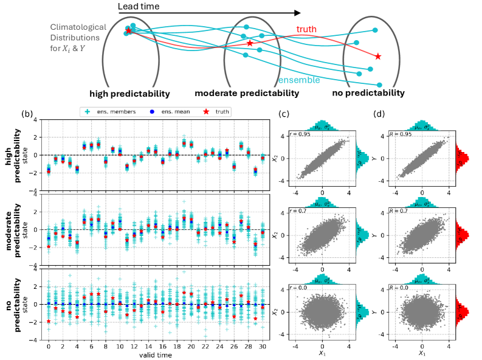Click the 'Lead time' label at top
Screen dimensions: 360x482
tap(140, 7)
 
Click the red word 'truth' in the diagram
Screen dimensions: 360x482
tap(306, 29)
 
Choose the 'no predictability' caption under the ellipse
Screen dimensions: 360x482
tap(368, 93)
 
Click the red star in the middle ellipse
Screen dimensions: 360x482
tap(249, 43)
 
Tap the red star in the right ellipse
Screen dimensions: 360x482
tap(378, 57)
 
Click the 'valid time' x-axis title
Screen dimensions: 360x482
tap(156, 355)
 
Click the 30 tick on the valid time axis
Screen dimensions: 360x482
tap(263, 346)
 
